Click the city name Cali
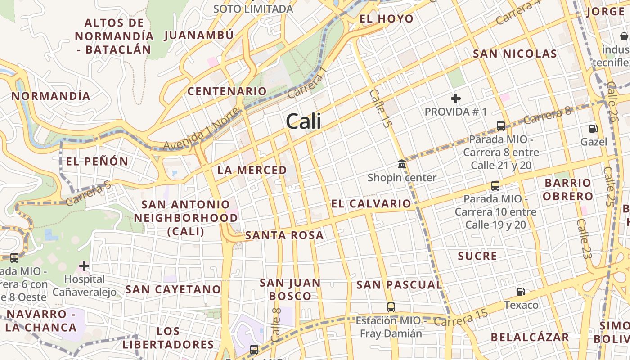(x=303, y=121)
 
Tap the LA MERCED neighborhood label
(x=252, y=170)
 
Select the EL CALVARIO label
(x=371, y=204)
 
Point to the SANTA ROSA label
(x=284, y=235)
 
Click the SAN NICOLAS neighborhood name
(x=515, y=54)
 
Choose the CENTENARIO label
(x=227, y=91)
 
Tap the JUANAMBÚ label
(x=199, y=35)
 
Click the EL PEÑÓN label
(x=97, y=162)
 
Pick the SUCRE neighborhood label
(x=477, y=256)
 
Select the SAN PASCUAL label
(x=399, y=285)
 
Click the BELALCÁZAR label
(x=530, y=337)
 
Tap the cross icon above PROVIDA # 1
(x=456, y=98)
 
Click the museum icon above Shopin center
(x=402, y=164)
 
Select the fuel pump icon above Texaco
(x=521, y=292)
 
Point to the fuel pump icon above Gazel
(x=593, y=129)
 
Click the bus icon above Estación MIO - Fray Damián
(x=391, y=307)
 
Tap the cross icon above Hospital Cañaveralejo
(x=84, y=265)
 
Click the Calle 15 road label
(x=378, y=108)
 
